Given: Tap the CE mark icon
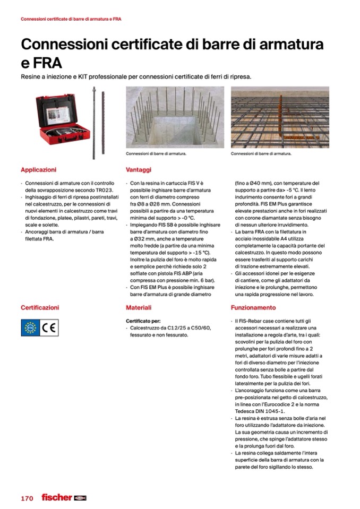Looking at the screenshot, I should pos(47,327).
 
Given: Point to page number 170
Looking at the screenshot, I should pos(27,498).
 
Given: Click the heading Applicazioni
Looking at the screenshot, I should pos(38,170).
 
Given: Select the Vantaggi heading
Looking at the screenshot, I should pos(139,170).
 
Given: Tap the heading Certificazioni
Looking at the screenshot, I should pos(40,307).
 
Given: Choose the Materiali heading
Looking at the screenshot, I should pos(139,307).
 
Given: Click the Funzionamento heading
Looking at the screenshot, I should pos(253,307).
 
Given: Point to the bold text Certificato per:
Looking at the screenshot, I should pos(143,321).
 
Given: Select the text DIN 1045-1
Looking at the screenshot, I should pos(275,410).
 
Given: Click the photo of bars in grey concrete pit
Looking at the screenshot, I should pos(174,117).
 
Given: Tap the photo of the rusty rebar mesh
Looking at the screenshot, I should pos(280,117).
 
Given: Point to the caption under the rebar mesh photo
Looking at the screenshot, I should pos(261,154).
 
